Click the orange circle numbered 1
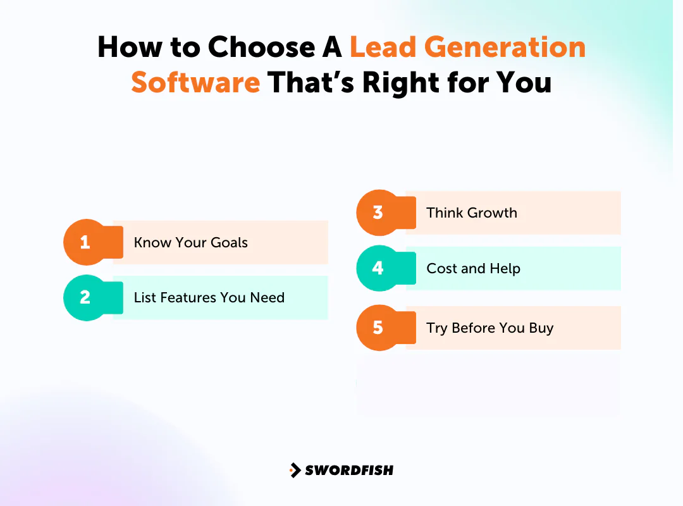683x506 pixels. (x=85, y=242)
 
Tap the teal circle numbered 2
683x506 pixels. (x=85, y=297)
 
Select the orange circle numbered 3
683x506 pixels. (x=378, y=213)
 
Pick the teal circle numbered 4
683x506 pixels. (x=378, y=268)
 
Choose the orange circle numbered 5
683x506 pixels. (x=378, y=328)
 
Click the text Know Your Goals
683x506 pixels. (x=190, y=242)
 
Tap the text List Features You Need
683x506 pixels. (x=209, y=297)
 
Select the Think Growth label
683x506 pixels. (x=471, y=213)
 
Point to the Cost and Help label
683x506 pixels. (x=473, y=268)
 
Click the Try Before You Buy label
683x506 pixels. (x=489, y=328)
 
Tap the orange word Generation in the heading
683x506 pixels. (x=504, y=47)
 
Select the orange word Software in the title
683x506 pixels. (x=195, y=83)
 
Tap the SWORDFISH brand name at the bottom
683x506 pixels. (x=349, y=470)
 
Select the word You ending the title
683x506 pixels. (x=525, y=83)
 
